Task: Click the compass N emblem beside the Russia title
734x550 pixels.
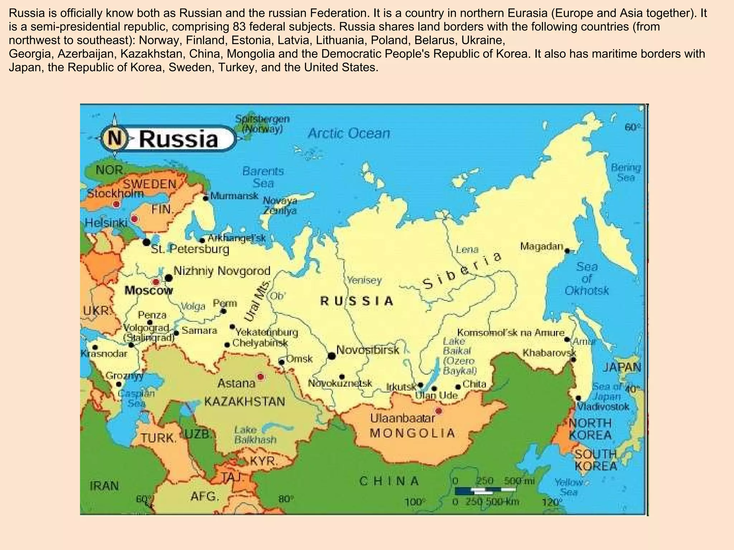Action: pos(115,138)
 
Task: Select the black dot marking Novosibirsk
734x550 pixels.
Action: pos(332,356)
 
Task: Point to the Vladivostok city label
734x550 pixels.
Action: pos(603,407)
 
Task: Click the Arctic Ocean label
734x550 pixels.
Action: pos(349,134)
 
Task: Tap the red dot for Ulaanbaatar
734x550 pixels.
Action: pos(438,411)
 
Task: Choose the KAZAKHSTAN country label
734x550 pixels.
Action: pos(244,401)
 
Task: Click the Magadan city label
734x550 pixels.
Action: pos(542,246)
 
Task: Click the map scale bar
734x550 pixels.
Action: pos(485,490)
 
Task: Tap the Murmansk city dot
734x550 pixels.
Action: pos(206,198)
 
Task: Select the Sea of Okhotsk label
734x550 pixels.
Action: pos(586,279)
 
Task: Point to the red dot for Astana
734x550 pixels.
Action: pos(261,377)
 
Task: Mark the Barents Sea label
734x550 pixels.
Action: pos(263,177)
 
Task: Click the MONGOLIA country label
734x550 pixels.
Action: pos(412,433)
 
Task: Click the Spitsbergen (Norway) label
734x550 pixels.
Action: pos(263,124)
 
